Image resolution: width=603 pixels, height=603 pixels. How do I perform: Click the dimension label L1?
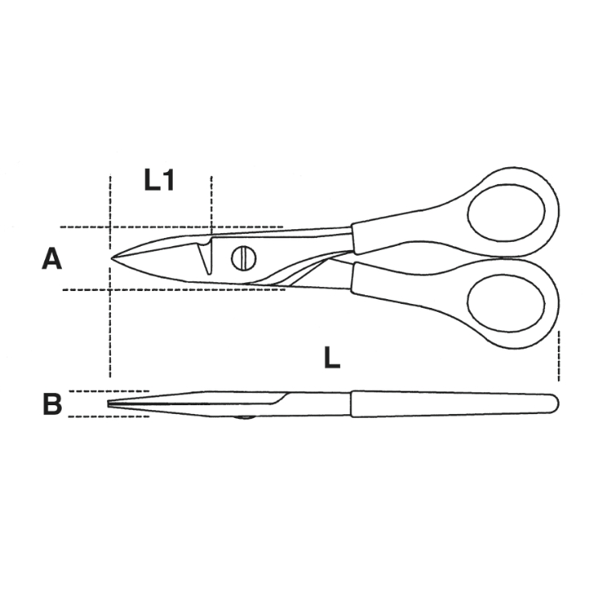(x=159, y=180)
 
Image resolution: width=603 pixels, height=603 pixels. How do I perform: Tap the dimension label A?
(x=51, y=259)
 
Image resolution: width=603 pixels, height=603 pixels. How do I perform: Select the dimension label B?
(x=52, y=404)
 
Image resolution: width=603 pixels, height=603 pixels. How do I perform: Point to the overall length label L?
(x=332, y=357)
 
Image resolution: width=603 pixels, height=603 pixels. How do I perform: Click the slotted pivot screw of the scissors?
(x=244, y=258)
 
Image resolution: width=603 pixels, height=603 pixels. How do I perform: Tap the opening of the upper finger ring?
(x=506, y=211)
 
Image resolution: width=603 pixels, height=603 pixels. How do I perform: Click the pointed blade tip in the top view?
(x=112, y=257)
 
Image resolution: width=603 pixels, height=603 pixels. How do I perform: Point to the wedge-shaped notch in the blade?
(x=205, y=257)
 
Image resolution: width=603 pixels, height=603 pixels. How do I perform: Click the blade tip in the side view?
(x=109, y=404)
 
